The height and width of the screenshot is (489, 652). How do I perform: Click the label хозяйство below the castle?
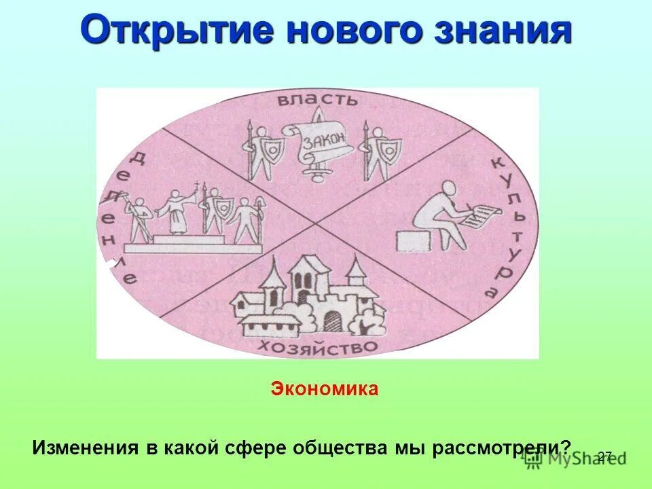[x=316, y=347]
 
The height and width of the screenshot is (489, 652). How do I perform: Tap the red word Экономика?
[x=325, y=390]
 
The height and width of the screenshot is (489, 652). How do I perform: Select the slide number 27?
[x=604, y=456]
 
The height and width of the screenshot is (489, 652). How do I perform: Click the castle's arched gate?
[x=332, y=319]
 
